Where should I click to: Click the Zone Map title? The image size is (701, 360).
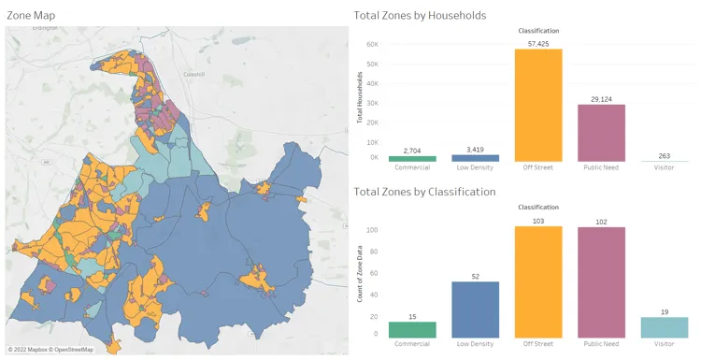(31, 16)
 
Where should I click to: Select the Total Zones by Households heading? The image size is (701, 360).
(420, 16)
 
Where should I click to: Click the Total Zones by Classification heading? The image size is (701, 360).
(424, 192)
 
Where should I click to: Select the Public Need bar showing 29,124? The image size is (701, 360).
(601, 133)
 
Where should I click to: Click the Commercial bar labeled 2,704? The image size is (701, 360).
(412, 159)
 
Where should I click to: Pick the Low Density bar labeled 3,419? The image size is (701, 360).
(476, 158)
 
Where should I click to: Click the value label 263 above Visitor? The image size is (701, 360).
(665, 156)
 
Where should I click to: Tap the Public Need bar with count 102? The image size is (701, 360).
(601, 282)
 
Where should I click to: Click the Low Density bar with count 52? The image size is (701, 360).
(476, 310)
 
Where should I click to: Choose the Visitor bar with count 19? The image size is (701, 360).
(665, 327)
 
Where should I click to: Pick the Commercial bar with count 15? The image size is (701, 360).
(412, 329)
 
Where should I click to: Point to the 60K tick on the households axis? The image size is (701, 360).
(373, 45)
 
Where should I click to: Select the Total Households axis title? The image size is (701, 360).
(360, 102)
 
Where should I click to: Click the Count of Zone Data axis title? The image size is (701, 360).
(360, 279)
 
